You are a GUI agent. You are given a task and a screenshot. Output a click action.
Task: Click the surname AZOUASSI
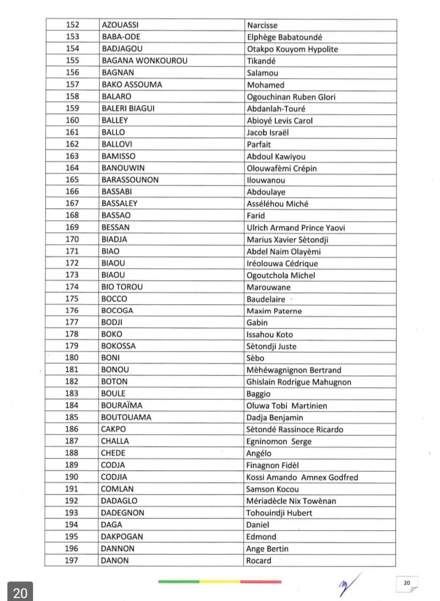point(120,25)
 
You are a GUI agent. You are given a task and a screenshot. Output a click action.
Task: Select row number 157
point(72,85)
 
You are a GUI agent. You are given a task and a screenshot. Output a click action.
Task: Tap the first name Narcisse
point(262,25)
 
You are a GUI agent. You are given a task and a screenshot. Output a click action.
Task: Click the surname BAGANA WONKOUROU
point(144,61)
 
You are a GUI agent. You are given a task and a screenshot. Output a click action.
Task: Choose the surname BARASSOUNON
point(130,180)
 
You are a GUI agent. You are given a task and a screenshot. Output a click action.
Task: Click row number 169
point(72,227)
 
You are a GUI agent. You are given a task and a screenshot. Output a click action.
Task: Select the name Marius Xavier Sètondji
point(287,239)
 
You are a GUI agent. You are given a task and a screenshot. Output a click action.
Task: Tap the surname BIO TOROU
point(122,287)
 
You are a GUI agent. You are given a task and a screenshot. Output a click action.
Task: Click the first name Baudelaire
point(266,299)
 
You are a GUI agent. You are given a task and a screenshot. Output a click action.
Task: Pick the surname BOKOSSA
point(119,346)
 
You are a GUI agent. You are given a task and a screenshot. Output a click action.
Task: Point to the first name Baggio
point(258,394)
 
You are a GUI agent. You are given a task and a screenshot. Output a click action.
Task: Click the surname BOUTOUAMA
point(126,418)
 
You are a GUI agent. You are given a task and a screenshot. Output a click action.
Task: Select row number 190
point(72,477)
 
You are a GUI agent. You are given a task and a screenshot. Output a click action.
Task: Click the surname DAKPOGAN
point(122,537)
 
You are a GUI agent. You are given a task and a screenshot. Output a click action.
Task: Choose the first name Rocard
point(259,561)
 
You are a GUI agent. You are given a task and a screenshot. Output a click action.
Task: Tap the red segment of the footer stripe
point(261,581)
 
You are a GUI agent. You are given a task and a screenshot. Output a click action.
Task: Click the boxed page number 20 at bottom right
point(406,583)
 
